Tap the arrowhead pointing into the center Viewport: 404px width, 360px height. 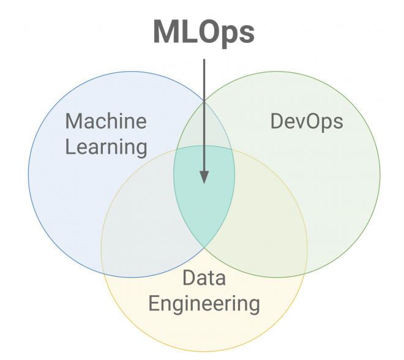[204, 176]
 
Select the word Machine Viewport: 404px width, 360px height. [106, 121]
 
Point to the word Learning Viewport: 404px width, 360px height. [107, 147]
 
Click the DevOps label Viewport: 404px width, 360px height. [307, 121]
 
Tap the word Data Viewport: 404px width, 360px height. [204, 278]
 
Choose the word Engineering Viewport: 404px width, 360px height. [204, 304]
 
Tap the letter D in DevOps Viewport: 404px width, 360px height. [276, 121]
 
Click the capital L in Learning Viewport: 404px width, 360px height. [70, 147]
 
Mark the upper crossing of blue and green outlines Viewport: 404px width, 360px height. [204, 100]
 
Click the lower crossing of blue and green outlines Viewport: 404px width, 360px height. [204, 247]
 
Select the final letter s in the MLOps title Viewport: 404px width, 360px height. [247, 34]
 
